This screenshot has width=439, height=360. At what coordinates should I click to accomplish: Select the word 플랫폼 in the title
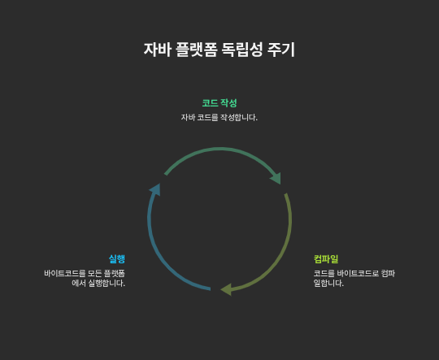(197, 50)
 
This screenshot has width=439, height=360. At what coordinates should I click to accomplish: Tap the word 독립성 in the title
(242, 50)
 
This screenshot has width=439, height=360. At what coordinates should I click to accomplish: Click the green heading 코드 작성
(219, 103)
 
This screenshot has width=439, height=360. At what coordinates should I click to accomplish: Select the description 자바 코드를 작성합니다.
(219, 117)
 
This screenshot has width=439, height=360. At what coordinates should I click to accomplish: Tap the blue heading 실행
(117, 259)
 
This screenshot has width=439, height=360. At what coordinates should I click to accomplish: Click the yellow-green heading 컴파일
(326, 259)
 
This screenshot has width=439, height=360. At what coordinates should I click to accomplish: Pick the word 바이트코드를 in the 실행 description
(65, 274)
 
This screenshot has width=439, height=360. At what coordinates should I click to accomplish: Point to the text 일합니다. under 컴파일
(328, 283)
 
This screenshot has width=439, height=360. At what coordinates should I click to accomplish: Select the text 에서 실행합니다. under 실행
(98, 283)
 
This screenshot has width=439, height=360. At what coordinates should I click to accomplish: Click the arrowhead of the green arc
(276, 178)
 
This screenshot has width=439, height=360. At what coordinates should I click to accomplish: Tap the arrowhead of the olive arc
(226, 289)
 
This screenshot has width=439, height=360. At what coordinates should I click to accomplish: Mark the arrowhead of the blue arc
(155, 189)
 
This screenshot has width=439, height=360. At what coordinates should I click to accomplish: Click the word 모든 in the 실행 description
(94, 274)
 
